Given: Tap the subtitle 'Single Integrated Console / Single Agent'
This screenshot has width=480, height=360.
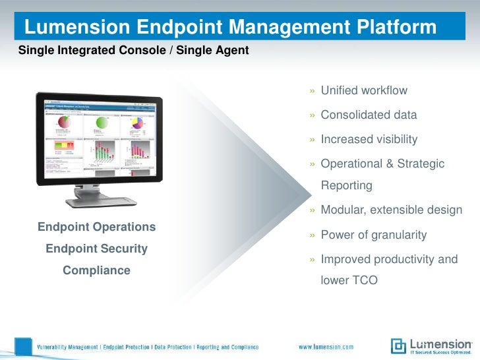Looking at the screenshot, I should pos(133,50).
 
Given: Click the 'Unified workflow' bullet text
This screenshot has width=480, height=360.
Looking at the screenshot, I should pos(364,90).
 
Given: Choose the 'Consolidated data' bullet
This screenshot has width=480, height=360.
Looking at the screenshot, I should pos(369,115).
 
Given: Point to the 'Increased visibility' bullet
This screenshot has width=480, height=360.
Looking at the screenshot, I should pos(369,139).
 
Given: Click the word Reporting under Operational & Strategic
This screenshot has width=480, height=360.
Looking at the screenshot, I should pos(346,185).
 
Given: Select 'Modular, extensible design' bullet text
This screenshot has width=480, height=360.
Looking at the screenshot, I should pos(391,210).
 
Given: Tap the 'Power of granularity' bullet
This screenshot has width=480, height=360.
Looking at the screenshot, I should pos(373,235).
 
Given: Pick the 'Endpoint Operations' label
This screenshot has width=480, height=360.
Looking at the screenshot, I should pos(96,227).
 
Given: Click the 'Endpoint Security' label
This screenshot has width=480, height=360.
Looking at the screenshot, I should pos(96,249).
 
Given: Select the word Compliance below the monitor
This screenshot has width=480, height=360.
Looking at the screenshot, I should pos(96,270).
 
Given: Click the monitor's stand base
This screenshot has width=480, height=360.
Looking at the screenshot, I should pos(105,201).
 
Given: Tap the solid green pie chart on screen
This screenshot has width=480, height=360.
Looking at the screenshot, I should pos(102,123).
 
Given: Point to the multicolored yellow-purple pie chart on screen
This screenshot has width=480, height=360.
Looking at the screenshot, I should pos(136,123).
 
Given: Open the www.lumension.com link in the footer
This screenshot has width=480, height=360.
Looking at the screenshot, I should pos(326,347).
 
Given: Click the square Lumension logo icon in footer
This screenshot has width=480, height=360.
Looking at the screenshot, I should pos(398,346).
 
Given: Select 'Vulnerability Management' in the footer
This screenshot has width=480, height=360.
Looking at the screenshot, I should pos(69,347).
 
